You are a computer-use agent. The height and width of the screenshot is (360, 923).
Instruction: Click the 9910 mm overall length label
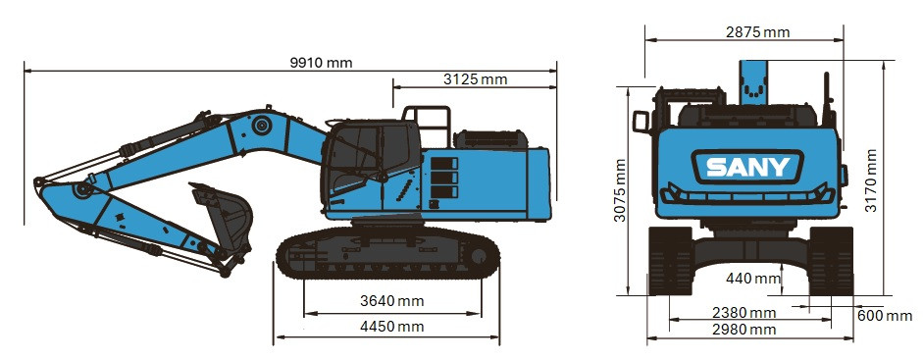click(321, 63)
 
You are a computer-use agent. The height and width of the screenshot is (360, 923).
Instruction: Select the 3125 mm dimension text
click(475, 78)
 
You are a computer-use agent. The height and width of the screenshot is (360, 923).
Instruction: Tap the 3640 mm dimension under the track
click(392, 300)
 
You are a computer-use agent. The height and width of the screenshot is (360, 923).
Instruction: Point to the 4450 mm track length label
click(392, 326)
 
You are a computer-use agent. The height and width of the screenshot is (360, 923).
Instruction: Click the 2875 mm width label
click(757, 32)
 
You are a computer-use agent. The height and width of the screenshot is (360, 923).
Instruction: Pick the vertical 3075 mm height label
click(620, 189)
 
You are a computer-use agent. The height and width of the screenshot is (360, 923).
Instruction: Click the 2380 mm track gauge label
click(744, 313)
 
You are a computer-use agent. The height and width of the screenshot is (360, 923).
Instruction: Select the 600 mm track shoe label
click(884, 315)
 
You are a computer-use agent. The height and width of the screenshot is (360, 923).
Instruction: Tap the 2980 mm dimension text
click(744, 330)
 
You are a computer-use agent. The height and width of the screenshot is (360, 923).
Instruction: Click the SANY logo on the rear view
click(747, 167)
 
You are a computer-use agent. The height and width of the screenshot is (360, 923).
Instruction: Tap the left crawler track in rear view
click(672, 260)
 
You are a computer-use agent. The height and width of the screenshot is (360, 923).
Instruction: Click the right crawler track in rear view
click(830, 260)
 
